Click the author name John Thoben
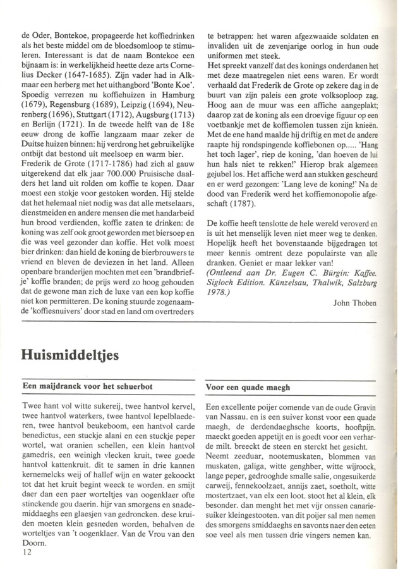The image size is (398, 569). tap(355, 303)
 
